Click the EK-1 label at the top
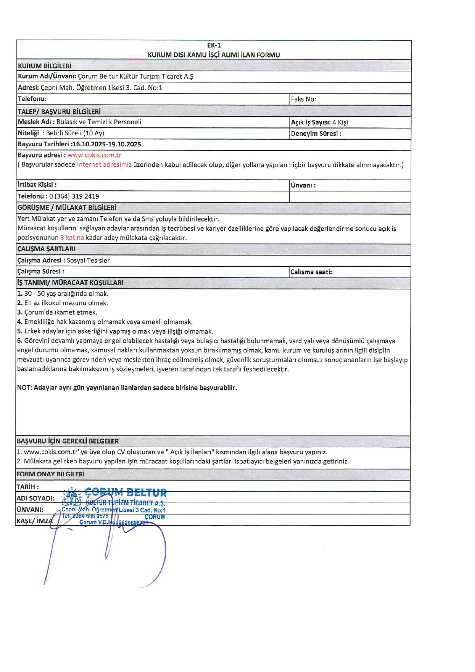pyautogui.click(x=214, y=45)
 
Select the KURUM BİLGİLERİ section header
pyautogui.click(x=44, y=66)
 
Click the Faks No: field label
pyautogui.click(x=303, y=99)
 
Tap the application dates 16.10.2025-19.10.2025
pyautogui.click(x=107, y=144)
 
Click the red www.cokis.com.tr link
pyautogui.click(x=94, y=155)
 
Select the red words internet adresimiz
pyautogui.click(x=104, y=164)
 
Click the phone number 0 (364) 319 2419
pyautogui.click(x=74, y=196)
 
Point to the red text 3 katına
pyautogui.click(x=72, y=238)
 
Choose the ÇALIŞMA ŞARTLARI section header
pyautogui.click(x=46, y=249)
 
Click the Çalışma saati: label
pyautogui.click(x=311, y=272)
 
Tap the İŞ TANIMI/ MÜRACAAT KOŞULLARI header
pyautogui.click(x=70, y=282)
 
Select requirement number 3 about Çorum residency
pyautogui.click(x=57, y=312)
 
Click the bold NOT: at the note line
pyautogui.click(x=25, y=387)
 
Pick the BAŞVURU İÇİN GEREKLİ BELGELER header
pyautogui.click(x=68, y=441)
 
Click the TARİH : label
pyautogui.click(x=28, y=487)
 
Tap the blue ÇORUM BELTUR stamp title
pyautogui.click(x=126, y=492)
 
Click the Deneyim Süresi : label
pyautogui.click(x=316, y=134)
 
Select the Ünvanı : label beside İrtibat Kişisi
pyautogui.click(x=303, y=185)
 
